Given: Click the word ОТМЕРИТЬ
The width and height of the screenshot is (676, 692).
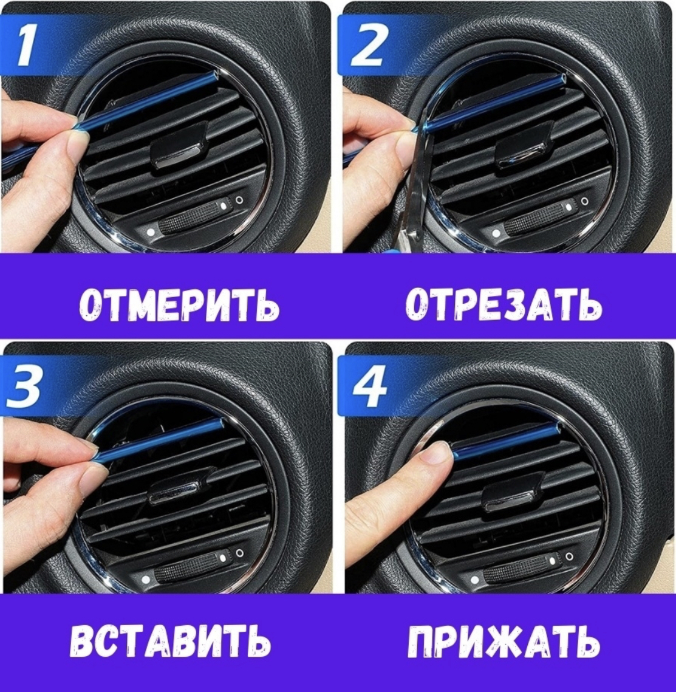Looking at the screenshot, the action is coord(179,305).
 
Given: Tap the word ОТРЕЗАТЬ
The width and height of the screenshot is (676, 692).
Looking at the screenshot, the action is coord(504,305).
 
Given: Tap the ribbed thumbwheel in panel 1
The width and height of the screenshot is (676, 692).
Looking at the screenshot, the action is coord(191,219).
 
